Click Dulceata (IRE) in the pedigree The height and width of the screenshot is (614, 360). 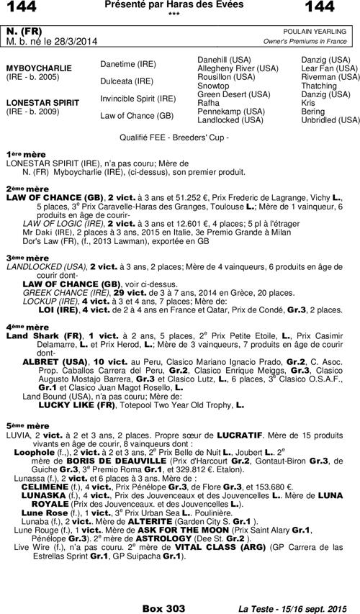pos(127,81)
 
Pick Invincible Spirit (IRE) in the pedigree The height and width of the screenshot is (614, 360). pos(138,98)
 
